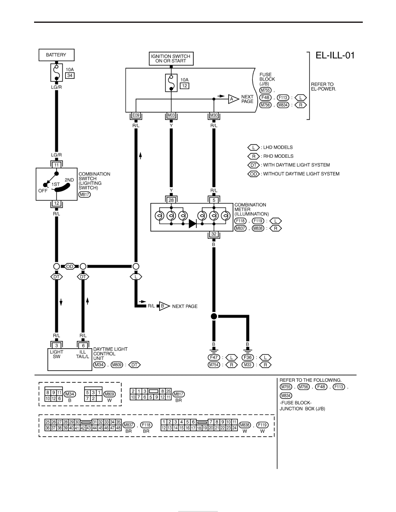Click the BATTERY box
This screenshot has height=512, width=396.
tap(57, 55)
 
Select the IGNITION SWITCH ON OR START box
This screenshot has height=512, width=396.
tap(171, 59)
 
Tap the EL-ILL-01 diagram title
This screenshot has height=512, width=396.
tap(335, 55)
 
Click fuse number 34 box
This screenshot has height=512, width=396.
tap(69, 75)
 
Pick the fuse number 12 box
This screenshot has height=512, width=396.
tap(185, 86)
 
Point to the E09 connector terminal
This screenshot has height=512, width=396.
tap(136, 115)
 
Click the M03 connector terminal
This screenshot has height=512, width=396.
tap(171, 115)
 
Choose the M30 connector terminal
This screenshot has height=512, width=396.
tap(214, 115)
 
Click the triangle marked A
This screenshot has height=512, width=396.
tap(233, 99)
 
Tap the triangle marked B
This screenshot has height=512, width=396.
tap(163, 306)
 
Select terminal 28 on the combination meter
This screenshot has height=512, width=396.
tap(171, 200)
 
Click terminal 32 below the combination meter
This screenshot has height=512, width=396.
tap(214, 234)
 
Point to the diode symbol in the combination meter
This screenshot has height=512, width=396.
tap(192, 224)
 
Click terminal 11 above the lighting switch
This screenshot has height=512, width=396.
tap(57, 165)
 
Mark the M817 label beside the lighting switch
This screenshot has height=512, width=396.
tap(84, 195)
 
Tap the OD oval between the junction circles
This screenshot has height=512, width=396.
tap(69, 266)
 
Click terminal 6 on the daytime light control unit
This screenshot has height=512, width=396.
tap(83, 346)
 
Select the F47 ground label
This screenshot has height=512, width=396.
tap(214, 357)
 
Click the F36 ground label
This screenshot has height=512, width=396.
tap(248, 357)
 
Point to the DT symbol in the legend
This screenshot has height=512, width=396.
tap(254, 165)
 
